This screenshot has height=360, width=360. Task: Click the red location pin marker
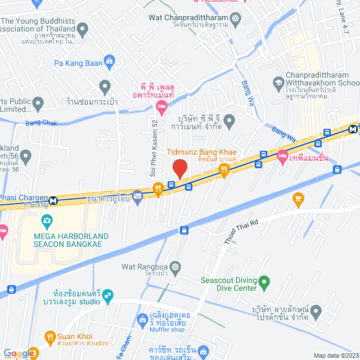(179, 168)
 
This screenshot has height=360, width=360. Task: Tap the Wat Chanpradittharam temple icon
(235, 17)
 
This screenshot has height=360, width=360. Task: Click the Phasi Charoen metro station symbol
(53, 200)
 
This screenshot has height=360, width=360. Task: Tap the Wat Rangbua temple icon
(176, 266)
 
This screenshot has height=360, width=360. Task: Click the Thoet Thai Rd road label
(241, 231)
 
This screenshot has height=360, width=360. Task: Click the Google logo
(20, 353)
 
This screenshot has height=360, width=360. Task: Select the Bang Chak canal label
(41, 123)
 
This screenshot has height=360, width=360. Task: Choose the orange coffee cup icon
(299, 197)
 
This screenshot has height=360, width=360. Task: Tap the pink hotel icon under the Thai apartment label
(162, 106)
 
